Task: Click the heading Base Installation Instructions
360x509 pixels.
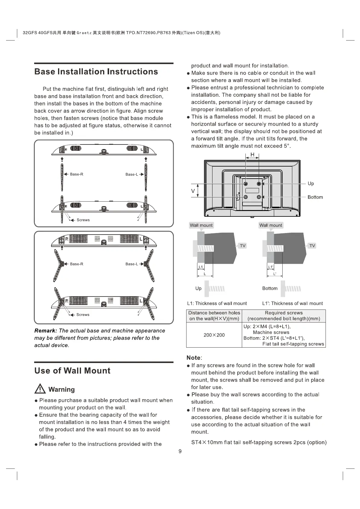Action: tap(96, 72)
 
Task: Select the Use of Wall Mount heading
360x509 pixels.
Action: tap(72, 371)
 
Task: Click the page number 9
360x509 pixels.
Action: tap(180, 452)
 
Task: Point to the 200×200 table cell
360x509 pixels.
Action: tap(214, 335)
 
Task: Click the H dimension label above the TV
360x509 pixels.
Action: tap(252, 155)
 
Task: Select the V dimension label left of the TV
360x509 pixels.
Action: tap(193, 191)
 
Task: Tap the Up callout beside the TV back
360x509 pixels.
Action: tap(311, 183)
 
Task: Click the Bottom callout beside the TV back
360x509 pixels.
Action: tap(315, 197)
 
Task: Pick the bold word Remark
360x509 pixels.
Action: tap(46, 331)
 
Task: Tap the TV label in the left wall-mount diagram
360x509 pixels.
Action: tap(243, 246)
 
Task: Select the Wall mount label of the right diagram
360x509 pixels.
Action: tap(271, 225)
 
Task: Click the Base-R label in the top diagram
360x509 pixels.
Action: tap(76, 174)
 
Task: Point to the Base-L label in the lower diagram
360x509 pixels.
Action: tap(131, 264)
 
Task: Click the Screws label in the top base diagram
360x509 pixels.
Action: tap(83, 220)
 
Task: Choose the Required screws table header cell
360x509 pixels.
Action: tap(284, 316)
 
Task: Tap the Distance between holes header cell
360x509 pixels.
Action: tap(214, 316)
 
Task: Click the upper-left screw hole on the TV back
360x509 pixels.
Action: tap(245, 184)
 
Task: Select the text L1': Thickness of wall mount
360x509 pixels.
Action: tap(292, 303)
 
